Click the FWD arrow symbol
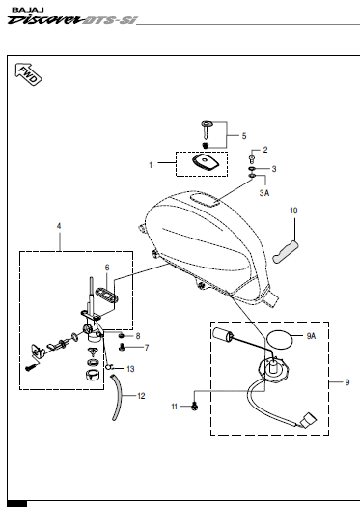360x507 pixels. pos(28,74)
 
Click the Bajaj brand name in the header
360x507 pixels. pos(28,10)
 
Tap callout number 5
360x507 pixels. pos(244,136)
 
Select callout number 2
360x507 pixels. pos(265,150)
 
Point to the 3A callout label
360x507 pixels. pos(264,193)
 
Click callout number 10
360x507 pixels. pos(293,211)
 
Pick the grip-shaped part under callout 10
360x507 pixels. pos(286,252)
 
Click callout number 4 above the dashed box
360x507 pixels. pos(59,226)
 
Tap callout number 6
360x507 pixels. pos(107,268)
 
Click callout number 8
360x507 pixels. pos(138,336)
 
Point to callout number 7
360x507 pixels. pos(147,348)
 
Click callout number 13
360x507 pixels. pos(130,369)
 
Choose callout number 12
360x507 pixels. pos(141,396)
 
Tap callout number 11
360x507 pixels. pos(174,407)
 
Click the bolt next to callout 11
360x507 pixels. pos(195,406)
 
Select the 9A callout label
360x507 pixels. pos(311,336)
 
